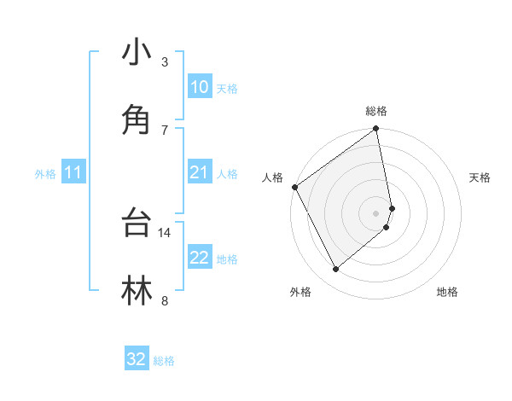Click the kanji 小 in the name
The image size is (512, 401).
click(137, 53)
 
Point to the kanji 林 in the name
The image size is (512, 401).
click(137, 289)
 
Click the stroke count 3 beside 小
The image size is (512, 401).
click(165, 62)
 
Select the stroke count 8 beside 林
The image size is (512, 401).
click(165, 299)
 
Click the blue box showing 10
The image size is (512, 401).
click(200, 87)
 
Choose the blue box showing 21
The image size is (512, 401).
click(200, 173)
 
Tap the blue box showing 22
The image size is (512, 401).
click(200, 258)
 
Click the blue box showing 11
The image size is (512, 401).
click(73, 173)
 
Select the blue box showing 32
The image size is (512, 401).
click(137, 360)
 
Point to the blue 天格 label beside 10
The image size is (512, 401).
click(227, 89)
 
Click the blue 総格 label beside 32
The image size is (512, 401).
click(164, 362)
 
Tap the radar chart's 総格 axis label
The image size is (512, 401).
click(376, 112)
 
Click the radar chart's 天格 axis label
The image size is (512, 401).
click(480, 177)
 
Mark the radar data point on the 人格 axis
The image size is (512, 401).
click(294, 187)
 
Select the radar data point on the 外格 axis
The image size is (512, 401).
click(335, 270)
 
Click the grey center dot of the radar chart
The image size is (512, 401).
click(376, 212)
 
